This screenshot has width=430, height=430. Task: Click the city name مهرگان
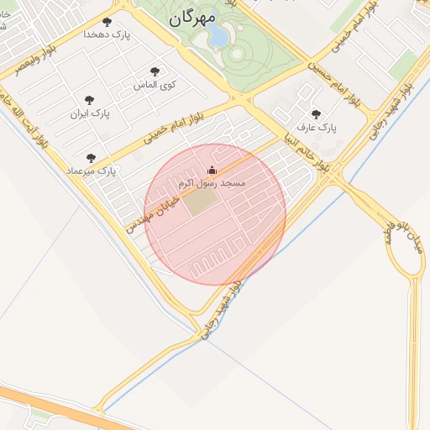pos(191,17)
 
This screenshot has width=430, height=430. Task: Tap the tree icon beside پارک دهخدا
pos(107,22)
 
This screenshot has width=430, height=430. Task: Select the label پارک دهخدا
pos(107,34)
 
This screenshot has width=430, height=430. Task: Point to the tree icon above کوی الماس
pos(155,72)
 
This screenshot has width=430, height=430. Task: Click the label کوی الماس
pos(155,85)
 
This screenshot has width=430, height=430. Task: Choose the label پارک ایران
pos(90,112)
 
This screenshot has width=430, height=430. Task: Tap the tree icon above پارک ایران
pos(90,99)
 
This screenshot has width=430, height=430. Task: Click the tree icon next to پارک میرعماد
pos(91,158)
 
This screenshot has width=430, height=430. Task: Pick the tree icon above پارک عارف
pos(316,114)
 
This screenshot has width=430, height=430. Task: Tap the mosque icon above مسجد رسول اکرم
pos(211,170)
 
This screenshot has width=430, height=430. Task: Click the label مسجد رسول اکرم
pos(210,182)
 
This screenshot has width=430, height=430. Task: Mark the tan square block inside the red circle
pos(199,202)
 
